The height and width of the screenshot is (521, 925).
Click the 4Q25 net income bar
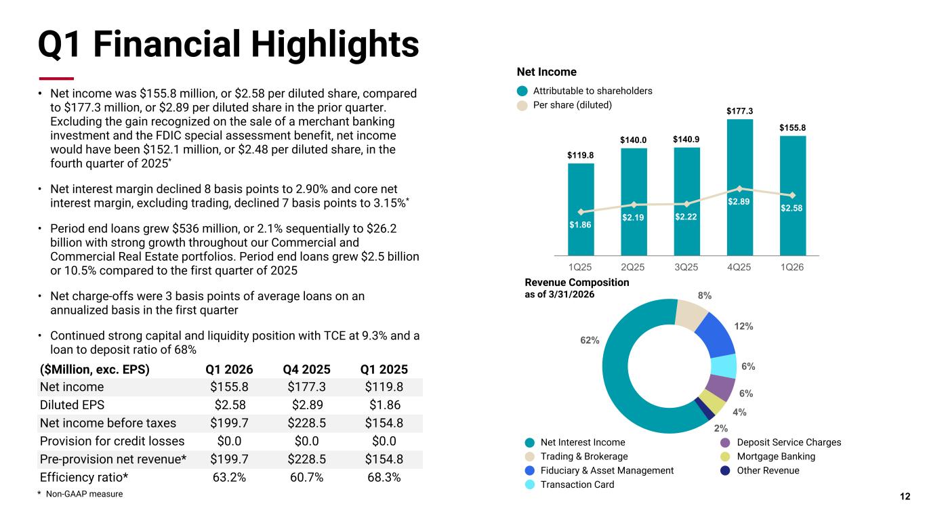point(739,187)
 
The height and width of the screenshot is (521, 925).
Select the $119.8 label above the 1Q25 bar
point(580,155)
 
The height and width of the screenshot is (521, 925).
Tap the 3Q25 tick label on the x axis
point(686,267)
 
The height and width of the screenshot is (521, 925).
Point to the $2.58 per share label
point(792,208)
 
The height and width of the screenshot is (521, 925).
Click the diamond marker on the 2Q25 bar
point(634,205)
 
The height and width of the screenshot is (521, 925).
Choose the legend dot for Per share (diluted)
point(522,105)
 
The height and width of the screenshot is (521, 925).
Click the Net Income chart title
point(546,72)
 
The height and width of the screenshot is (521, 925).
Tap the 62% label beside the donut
point(590,340)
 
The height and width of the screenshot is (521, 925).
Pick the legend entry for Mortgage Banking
point(768,457)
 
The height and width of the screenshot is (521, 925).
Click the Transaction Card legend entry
point(569,484)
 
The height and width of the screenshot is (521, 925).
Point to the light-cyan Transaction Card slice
point(724,367)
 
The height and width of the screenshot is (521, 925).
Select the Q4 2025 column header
point(306,369)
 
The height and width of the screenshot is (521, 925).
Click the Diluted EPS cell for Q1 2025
point(384,404)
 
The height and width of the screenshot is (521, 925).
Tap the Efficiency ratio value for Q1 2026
point(229,477)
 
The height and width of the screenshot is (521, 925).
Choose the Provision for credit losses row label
point(112,441)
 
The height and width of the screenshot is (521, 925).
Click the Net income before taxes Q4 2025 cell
point(306,423)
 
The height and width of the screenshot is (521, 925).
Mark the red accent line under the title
point(56,79)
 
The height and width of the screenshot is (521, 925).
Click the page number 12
point(905,496)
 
